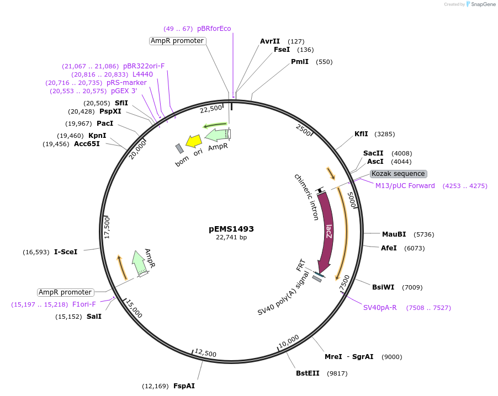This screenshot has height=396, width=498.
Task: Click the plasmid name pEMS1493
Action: tap(231, 228)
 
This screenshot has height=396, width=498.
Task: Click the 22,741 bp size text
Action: tap(231, 238)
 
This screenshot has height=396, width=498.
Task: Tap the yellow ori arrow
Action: tap(193, 141)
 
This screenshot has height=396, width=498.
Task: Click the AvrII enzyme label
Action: tap(270, 41)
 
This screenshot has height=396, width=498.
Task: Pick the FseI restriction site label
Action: tap(282, 50)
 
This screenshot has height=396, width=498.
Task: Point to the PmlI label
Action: tap(300, 62)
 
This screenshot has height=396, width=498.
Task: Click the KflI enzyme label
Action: tap(361, 134)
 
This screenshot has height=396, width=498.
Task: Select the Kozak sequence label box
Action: tap(398, 174)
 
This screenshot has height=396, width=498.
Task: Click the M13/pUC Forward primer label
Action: tap(405, 186)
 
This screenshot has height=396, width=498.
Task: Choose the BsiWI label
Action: tap(383, 287)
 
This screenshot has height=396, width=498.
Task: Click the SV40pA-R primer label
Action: tap(380, 308)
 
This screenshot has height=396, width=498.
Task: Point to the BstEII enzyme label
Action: tap(308, 373)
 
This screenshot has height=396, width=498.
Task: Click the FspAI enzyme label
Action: tap(184, 386)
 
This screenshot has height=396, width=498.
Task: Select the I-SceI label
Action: tap(66, 252)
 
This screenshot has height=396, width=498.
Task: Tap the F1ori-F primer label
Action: tap(84, 304)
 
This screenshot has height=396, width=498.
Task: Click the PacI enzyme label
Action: tap(105, 124)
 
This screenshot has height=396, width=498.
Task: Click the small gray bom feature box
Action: tap(179, 148)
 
